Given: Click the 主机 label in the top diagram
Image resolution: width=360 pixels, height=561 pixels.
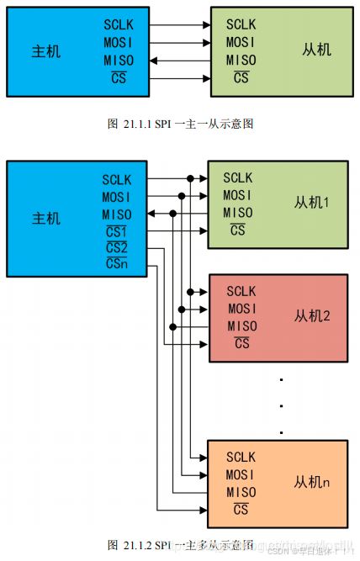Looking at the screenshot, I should point(46,51).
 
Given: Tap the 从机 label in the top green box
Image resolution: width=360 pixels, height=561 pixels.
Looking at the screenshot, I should point(316,50).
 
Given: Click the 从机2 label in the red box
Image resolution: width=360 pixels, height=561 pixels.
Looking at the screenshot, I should point(312,316).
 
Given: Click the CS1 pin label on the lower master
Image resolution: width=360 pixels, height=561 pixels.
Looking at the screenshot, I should point(116,231).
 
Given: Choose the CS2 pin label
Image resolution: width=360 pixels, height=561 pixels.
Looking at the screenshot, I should point(116,248).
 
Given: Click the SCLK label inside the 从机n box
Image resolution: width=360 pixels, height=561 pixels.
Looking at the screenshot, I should point(241,458).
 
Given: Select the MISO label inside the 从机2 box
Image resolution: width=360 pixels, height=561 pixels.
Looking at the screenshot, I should point(241,326).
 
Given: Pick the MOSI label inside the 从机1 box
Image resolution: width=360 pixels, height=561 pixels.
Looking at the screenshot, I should point(237,195).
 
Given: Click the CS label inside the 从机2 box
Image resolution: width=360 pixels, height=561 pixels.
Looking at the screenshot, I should point(241,343).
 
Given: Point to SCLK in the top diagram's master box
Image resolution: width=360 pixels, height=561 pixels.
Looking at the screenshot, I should point(118,24).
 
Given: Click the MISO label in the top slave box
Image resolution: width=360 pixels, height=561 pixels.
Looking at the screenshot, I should point(241,60).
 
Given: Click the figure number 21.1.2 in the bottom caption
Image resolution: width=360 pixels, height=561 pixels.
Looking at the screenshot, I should point(136,544).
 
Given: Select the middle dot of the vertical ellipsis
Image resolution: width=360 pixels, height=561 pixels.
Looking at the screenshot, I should point(281,407).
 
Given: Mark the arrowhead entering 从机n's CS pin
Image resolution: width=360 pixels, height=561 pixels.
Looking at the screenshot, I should point(204,510).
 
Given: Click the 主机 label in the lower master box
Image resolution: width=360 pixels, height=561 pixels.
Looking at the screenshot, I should point(46,219).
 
